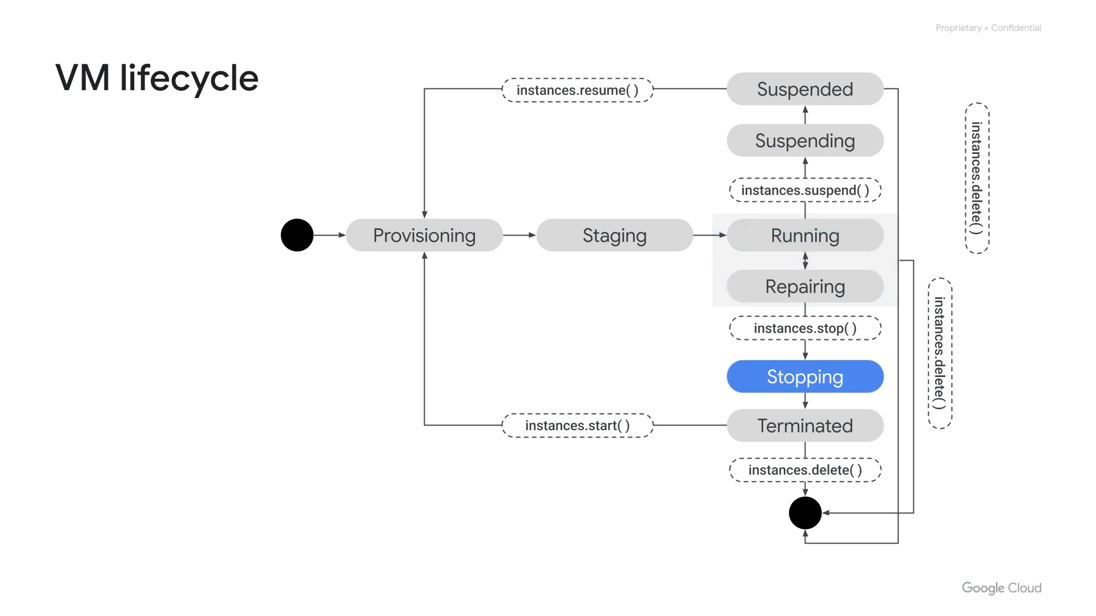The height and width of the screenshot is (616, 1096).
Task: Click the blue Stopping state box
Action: click(805, 376)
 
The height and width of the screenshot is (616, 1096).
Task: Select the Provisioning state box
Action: click(424, 235)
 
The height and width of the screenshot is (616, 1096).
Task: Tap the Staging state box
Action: click(614, 235)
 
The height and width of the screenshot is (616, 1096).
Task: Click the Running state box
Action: click(805, 235)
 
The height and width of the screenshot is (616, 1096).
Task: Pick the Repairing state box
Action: click(805, 286)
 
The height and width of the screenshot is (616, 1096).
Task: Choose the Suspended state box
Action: click(805, 89)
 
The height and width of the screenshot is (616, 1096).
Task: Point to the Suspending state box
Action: click(805, 140)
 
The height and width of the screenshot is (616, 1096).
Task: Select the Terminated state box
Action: click(805, 425)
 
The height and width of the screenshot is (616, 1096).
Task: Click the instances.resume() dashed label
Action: click(577, 90)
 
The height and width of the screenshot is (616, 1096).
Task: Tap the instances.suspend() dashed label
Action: click(805, 190)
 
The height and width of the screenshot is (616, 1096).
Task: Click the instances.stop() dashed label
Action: click(805, 328)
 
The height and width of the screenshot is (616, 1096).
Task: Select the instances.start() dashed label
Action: click(577, 425)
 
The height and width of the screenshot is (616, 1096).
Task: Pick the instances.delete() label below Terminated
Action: click(805, 470)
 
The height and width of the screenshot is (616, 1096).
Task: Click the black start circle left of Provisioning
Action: click(297, 235)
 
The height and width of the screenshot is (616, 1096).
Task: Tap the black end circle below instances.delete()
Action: click(805, 513)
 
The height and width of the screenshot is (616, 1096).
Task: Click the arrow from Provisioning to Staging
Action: click(519, 235)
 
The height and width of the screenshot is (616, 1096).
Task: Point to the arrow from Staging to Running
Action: click(710, 235)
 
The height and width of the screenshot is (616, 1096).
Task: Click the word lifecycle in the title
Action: click(189, 78)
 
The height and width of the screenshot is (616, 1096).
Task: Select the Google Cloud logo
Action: click(1001, 588)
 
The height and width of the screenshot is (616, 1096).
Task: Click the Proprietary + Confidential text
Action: click(988, 28)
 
